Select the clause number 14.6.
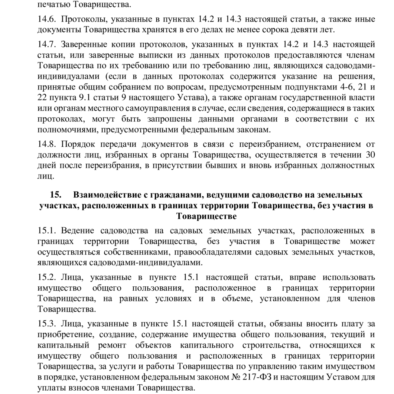tap(46, 19)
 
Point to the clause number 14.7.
tap(46, 45)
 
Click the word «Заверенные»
tap(84, 45)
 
